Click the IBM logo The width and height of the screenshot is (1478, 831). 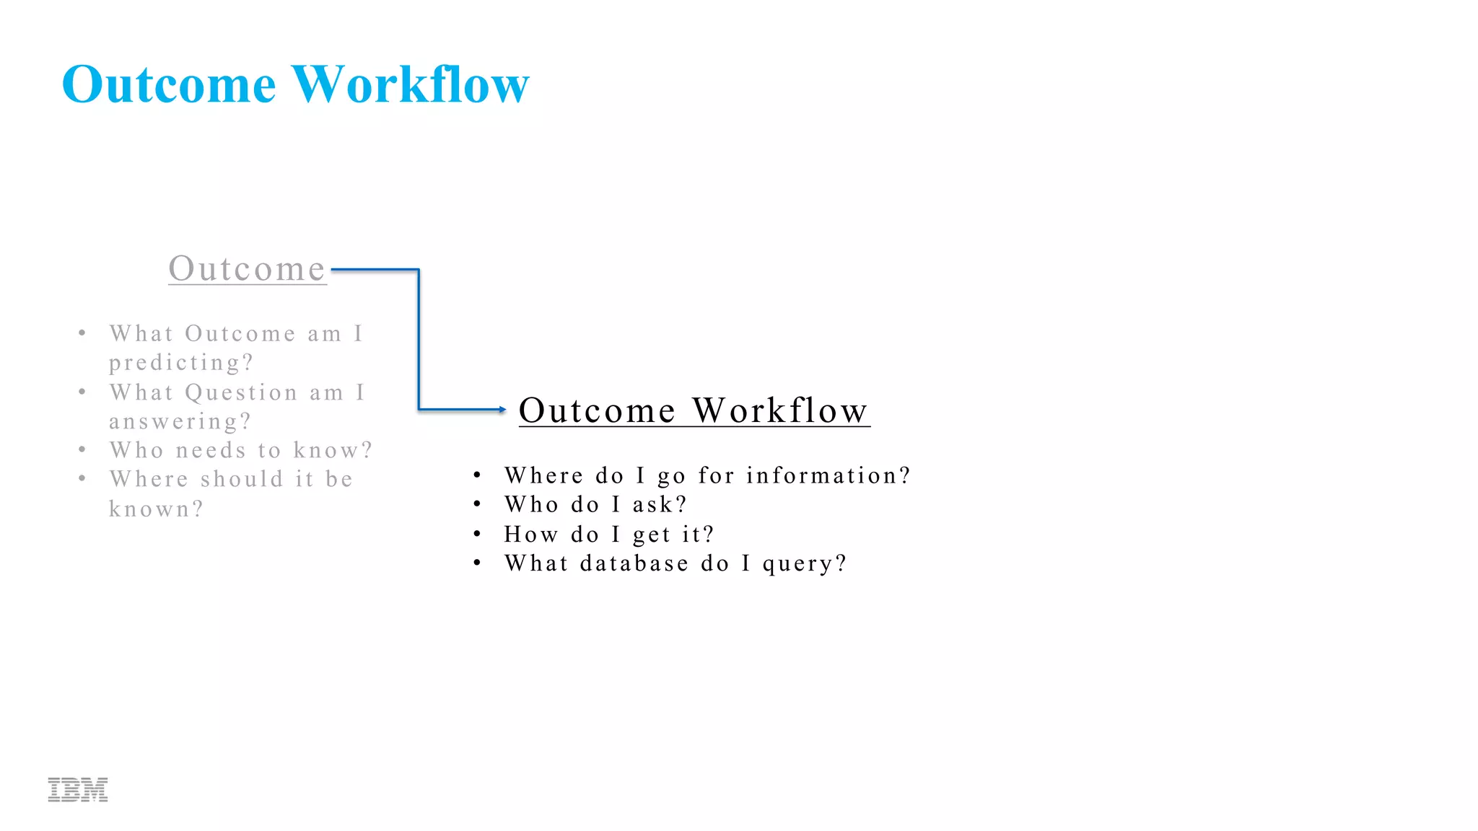pos(78,790)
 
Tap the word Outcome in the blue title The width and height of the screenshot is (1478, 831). pos(169,84)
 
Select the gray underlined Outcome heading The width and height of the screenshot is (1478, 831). pos(247,269)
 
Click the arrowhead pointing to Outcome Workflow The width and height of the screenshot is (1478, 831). pos(502,410)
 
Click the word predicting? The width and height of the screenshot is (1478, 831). pos(181,363)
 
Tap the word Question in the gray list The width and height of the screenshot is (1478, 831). pos(241,392)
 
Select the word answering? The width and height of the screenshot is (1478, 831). pos(180,421)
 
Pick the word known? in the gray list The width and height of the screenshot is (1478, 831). pos(156,509)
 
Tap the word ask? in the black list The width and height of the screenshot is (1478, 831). pos(660,505)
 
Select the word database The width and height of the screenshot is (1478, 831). pos(634,563)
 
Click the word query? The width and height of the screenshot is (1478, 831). pos(805,564)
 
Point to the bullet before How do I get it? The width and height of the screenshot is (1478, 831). pos(477,534)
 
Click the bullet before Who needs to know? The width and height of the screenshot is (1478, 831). pos(82,449)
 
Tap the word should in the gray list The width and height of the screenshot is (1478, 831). pos(242,480)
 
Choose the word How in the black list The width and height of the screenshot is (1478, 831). pos(531,535)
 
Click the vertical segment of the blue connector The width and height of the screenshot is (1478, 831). pos(419,339)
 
